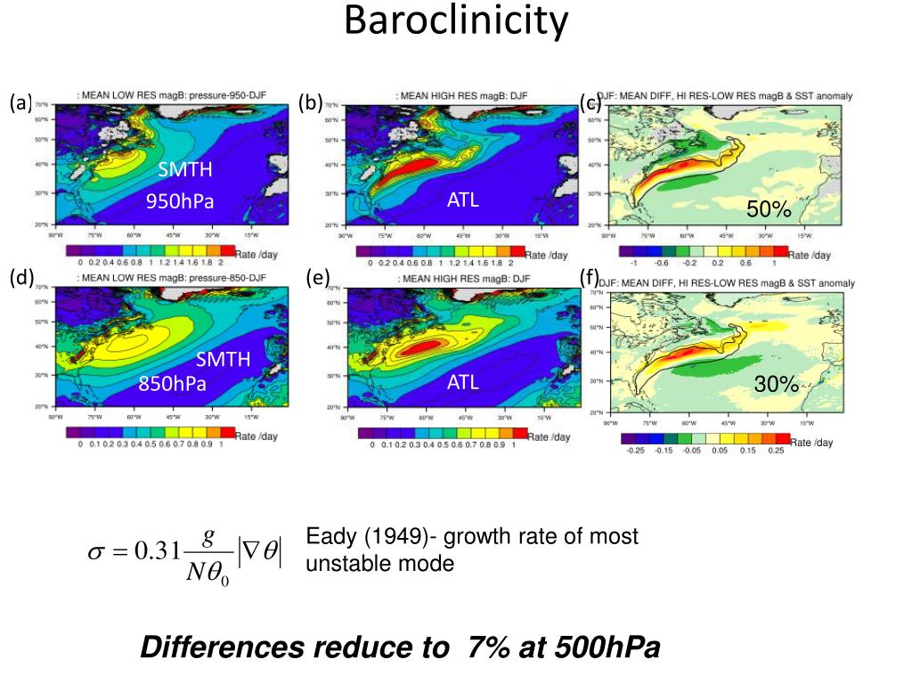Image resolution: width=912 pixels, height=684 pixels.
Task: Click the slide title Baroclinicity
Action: point(456,21)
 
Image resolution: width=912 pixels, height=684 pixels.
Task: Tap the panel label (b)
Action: point(310,102)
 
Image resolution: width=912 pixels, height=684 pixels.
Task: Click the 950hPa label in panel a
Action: point(181,201)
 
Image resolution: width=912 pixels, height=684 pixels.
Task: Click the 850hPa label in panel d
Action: point(172,384)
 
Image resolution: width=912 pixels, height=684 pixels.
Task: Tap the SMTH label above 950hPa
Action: point(185,170)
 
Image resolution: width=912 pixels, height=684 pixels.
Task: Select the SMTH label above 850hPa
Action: point(224,360)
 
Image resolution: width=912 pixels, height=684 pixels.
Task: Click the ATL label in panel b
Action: point(463,200)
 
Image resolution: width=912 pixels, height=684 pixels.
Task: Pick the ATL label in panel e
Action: point(463,383)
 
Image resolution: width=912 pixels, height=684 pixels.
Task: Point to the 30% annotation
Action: point(777,384)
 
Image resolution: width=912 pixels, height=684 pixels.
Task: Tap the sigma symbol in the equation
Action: point(95,553)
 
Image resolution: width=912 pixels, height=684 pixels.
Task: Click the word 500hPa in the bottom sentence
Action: point(607,648)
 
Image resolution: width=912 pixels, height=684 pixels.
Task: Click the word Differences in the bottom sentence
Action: point(222,648)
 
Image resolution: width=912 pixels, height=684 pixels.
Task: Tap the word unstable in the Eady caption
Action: point(346,564)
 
